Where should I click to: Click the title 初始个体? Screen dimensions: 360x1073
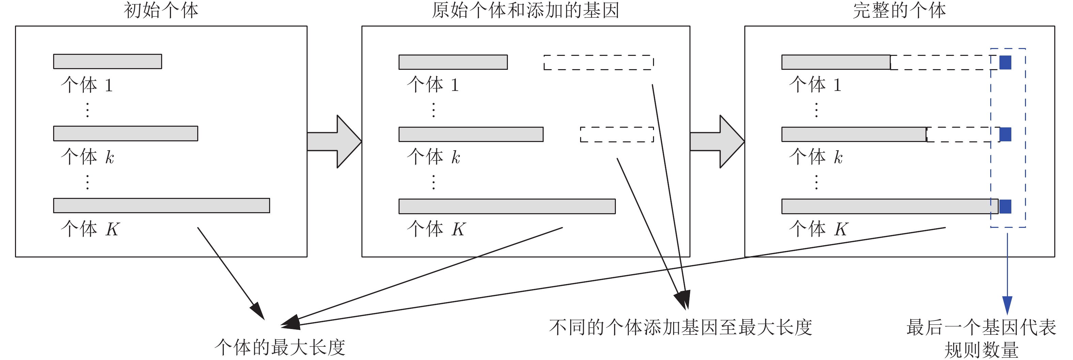tap(161, 10)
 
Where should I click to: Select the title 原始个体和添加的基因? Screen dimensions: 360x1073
tap(525, 10)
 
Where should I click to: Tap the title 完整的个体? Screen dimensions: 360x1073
tap(899, 10)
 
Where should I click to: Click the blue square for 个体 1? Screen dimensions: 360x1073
tap(1005, 63)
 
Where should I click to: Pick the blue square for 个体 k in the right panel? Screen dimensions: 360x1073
tap(1005, 134)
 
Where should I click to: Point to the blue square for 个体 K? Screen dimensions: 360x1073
tap(1005, 206)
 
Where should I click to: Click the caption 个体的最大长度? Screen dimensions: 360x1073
tap(280, 347)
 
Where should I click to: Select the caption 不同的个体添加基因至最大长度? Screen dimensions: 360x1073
tap(680, 327)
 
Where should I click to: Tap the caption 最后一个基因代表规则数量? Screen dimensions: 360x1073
tap(981, 338)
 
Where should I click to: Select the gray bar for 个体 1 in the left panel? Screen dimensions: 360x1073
tap(107, 61)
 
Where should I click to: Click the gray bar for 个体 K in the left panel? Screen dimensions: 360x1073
tap(161, 205)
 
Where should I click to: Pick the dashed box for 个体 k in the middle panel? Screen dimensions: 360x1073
tap(617, 135)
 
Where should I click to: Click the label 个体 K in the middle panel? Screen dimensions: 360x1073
tap(436, 229)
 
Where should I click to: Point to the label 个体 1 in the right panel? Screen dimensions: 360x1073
tap(815, 85)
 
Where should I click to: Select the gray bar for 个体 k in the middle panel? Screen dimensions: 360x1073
tap(471, 134)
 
